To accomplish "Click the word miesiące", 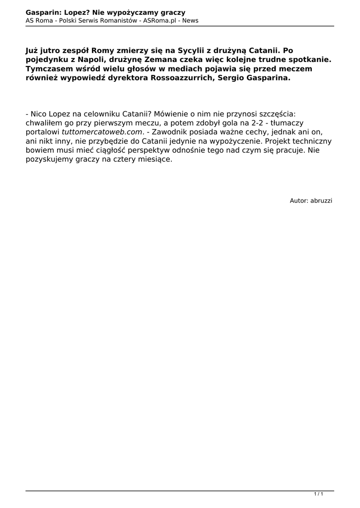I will pos(154,160).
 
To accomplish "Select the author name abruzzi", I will pos(321,200).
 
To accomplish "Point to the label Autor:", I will pos(299,200).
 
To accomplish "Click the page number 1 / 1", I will pos(319,494).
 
